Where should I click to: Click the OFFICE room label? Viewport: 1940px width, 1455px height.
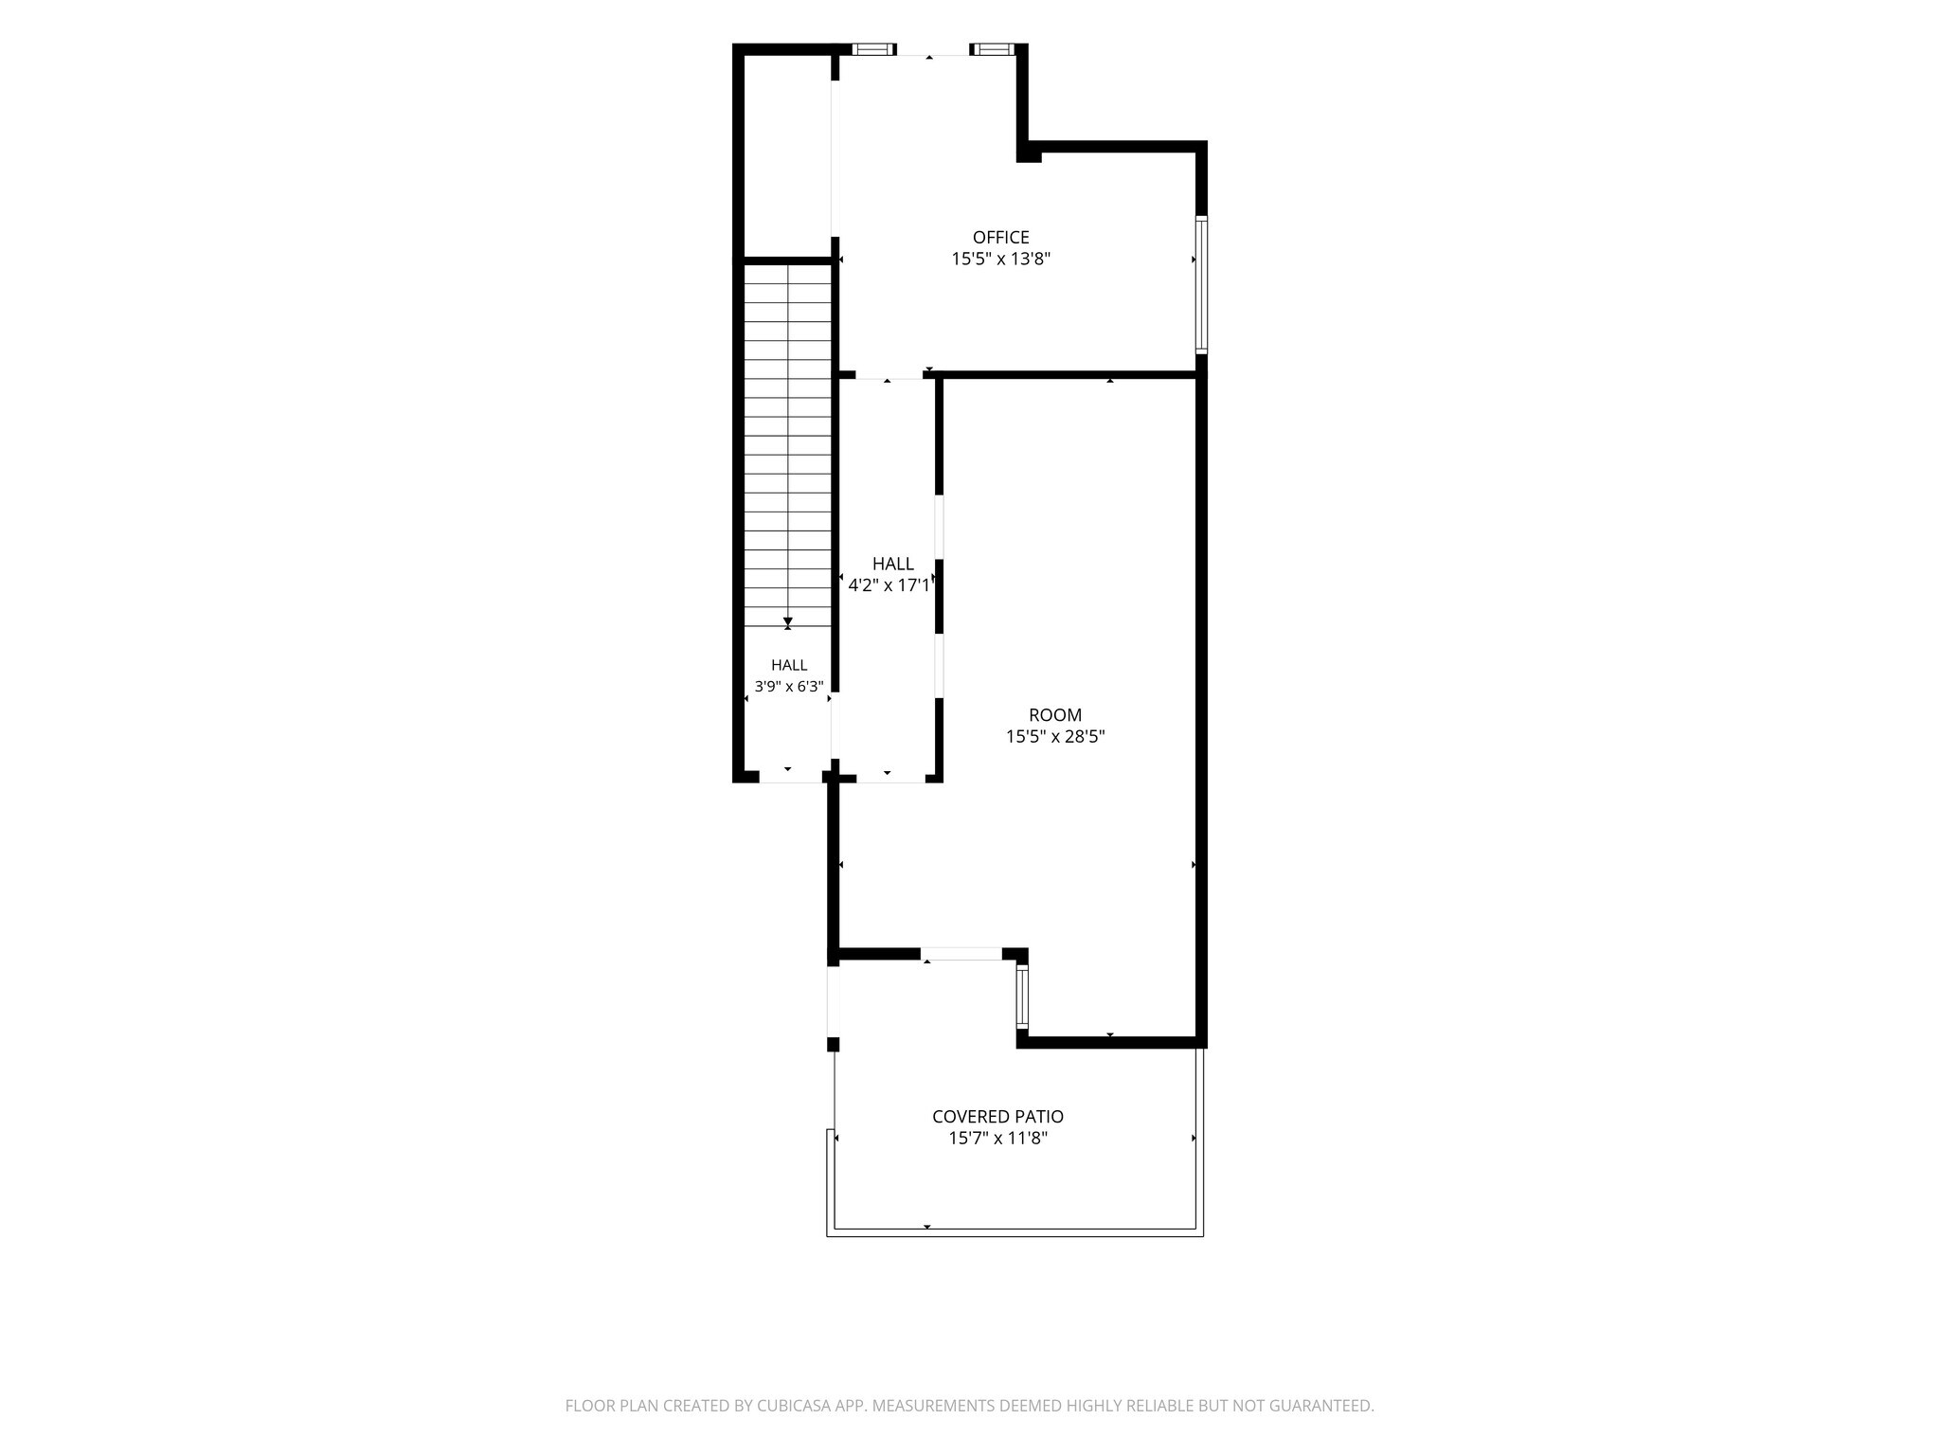(x=1000, y=237)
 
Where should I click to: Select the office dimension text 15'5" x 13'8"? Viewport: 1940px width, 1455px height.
(x=1001, y=259)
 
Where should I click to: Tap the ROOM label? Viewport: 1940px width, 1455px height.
(x=1055, y=715)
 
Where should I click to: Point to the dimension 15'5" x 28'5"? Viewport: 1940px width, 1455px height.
(x=1055, y=736)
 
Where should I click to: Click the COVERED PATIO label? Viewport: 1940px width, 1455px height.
(x=997, y=1117)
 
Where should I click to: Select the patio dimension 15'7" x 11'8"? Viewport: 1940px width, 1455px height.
(x=998, y=1138)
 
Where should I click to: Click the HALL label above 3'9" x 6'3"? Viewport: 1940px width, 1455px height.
(x=789, y=665)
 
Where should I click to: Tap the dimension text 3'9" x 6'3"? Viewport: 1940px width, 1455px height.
(x=789, y=686)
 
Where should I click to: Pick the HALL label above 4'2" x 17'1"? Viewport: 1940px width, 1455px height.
(x=893, y=564)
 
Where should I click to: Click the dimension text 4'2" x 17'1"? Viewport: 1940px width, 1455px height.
(x=889, y=585)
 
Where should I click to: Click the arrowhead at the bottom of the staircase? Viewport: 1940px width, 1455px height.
(x=788, y=622)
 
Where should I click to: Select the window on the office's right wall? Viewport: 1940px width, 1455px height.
(x=1201, y=284)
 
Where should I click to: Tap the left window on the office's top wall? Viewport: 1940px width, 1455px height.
(x=872, y=49)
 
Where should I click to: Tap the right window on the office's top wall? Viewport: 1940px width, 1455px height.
(x=992, y=49)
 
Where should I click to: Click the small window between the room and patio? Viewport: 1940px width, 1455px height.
(x=1022, y=997)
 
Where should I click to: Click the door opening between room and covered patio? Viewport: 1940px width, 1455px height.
(x=961, y=954)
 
